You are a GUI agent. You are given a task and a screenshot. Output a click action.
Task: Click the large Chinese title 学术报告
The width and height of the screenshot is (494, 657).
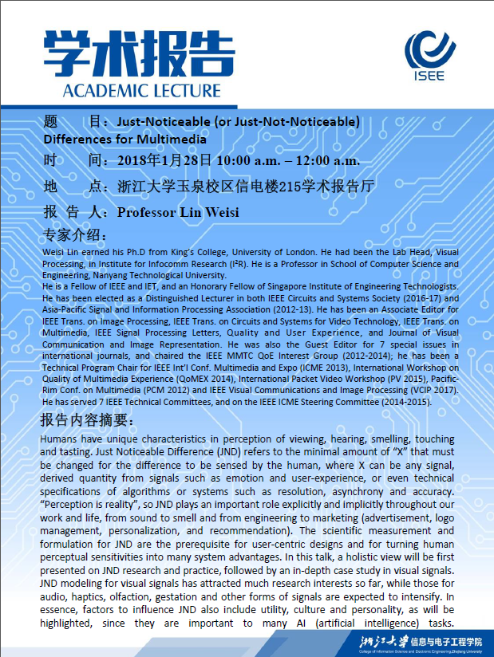[132, 55]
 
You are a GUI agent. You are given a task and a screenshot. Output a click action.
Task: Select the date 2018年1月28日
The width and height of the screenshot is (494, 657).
[164, 160]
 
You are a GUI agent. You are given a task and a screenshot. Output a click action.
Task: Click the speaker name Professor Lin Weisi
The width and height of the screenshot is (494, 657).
[178, 212]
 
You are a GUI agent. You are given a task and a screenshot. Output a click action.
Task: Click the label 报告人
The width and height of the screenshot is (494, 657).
[75, 212]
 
